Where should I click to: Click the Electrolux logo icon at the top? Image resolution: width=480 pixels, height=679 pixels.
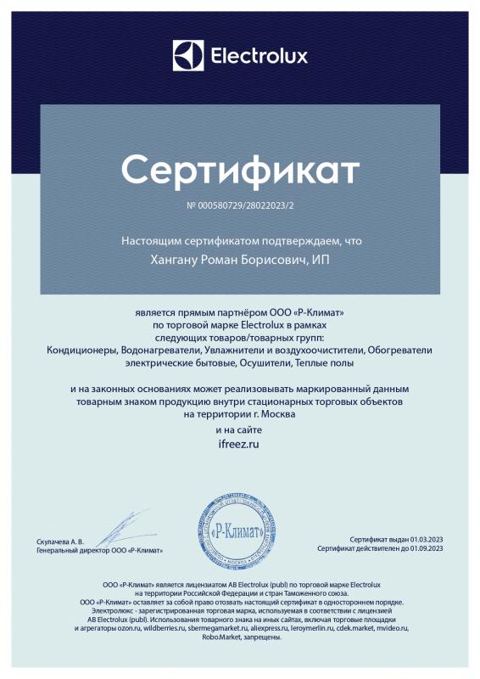pos(188,56)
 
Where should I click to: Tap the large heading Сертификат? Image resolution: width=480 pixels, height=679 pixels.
pos(240,170)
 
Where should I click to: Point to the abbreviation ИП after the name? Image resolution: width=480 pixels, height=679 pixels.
pos(321,259)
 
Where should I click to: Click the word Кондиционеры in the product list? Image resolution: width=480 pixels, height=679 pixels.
pos(83,349)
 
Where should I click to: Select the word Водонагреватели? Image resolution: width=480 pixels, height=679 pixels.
pos(159,349)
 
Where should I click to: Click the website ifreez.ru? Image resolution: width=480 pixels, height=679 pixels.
pos(240,443)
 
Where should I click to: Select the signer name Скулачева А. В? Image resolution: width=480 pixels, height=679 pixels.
pos(61,541)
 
